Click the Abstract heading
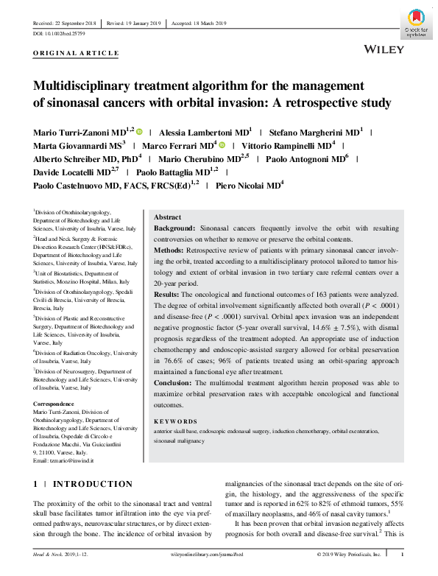pos(167,218)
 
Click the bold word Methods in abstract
pos(170,250)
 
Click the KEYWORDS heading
pos(172,420)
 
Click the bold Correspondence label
pos(55,404)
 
